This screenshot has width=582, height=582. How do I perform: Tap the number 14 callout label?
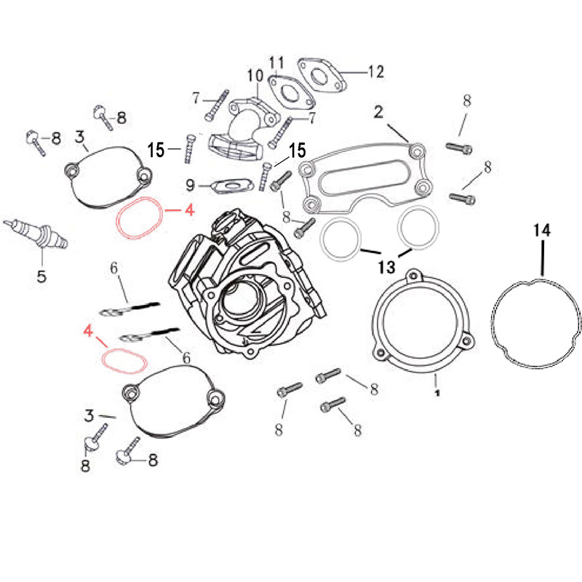(542, 231)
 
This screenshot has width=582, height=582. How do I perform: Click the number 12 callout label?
(375, 72)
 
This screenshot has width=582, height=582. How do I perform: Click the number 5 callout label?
(41, 276)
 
